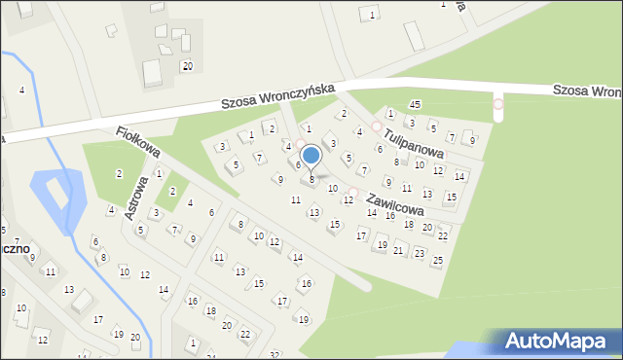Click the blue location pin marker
pos(311,156)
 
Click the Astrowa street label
pos(136,198)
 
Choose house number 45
pos(415,104)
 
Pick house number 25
pos(437,260)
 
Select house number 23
pos(419,252)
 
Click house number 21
pos(398,250)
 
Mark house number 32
pos(275,355)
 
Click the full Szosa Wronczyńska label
pos(277,94)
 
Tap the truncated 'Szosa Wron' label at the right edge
pos(587,90)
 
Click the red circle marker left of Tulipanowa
pos(377,126)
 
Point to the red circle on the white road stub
pos(498,104)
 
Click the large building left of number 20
pos(153,72)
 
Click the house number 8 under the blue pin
pos(311,179)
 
